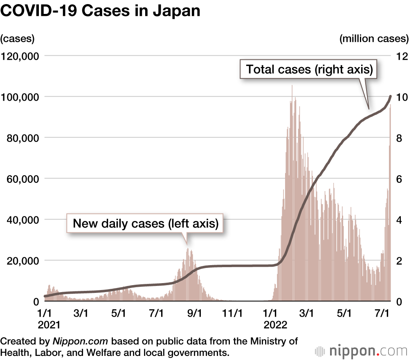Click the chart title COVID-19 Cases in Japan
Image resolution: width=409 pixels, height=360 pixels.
pos(101,11)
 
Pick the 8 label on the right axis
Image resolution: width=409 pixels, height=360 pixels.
pos(399,138)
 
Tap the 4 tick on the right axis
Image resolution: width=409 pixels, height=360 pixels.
pos(399,220)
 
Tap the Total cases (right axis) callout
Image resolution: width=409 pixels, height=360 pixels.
pos(310,69)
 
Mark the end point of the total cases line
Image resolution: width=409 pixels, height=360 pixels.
pos(391,97)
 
